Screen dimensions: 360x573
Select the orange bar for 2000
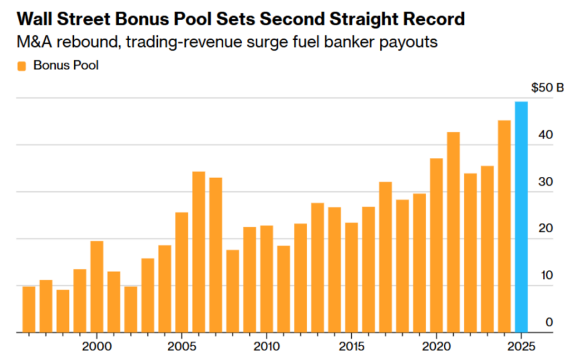coord(97,286)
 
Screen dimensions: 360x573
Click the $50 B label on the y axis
coord(547,88)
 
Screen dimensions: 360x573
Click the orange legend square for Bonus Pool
coord(22,66)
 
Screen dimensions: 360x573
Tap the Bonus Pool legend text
coord(65,66)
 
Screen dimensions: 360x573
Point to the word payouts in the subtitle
coord(410,43)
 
